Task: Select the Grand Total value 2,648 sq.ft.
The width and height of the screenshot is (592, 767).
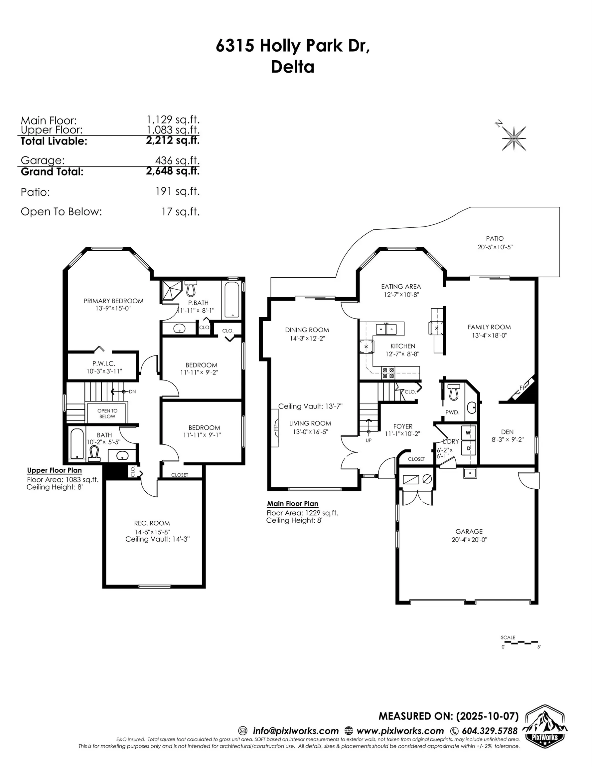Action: tap(173, 171)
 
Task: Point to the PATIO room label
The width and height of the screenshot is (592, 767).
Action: tap(495, 238)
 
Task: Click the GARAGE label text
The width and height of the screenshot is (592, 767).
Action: tap(469, 531)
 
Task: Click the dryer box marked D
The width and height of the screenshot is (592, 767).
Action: tap(468, 448)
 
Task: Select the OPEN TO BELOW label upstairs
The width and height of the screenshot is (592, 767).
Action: tap(107, 413)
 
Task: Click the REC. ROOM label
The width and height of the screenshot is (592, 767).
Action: tap(152, 523)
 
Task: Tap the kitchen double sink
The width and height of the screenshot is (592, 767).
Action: tap(386, 329)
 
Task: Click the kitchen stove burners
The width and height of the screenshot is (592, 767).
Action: tap(388, 373)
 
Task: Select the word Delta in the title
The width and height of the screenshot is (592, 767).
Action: tap(292, 67)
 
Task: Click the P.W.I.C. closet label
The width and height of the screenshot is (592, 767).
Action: tap(104, 364)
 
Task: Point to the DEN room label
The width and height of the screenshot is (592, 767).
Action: tap(507, 432)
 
